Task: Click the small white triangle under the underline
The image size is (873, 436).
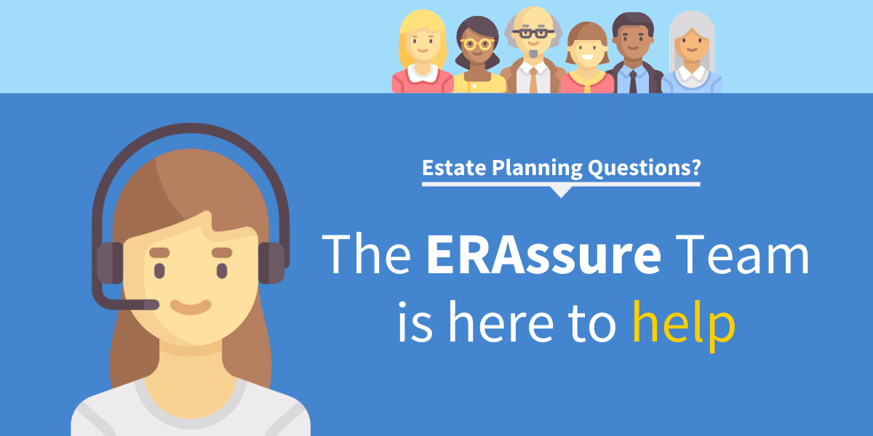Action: tap(560, 192)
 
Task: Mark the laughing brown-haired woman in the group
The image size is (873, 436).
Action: tap(586, 58)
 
